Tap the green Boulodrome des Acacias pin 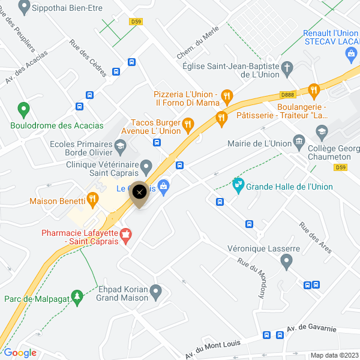(24, 110)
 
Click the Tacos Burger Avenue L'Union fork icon (188, 124)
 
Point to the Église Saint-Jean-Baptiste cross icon (287, 67)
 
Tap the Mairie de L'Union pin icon (299, 143)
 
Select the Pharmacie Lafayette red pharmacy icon (126, 236)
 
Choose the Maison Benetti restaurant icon (92, 199)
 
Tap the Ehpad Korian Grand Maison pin (156, 292)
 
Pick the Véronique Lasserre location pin (286, 260)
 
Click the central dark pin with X (140, 193)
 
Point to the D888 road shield (287, 95)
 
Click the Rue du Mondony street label (251, 278)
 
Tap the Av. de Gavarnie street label (312, 329)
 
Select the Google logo (20, 353)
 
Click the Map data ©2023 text (334, 355)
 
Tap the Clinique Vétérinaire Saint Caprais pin (146, 165)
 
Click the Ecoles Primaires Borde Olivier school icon (120, 146)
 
